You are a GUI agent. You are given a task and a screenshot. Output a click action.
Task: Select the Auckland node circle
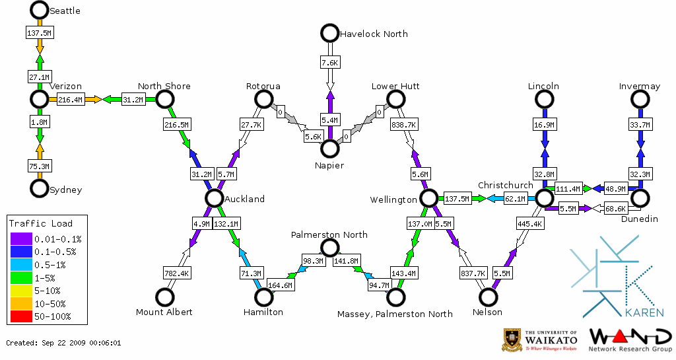[x=213, y=198]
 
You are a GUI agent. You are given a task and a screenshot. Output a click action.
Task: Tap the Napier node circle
[x=329, y=149]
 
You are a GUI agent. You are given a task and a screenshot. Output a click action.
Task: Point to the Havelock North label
[x=373, y=34]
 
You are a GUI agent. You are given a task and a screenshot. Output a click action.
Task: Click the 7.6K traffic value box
[x=329, y=62]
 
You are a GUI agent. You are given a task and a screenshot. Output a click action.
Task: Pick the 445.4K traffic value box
[x=529, y=224]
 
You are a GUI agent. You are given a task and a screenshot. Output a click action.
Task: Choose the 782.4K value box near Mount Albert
[x=176, y=273]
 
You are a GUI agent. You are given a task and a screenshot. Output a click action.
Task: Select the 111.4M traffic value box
[x=568, y=189]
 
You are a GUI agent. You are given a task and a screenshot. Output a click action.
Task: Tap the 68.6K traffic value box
[x=615, y=209]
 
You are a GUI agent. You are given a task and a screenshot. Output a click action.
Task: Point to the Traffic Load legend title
[x=41, y=223]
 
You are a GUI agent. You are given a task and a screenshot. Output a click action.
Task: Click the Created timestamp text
[x=63, y=343]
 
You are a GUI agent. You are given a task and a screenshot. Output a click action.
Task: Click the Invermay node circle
[x=640, y=99]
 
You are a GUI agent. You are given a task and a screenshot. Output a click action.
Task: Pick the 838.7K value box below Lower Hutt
[x=403, y=124]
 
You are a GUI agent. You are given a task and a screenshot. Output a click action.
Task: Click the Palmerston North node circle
[x=329, y=248]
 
